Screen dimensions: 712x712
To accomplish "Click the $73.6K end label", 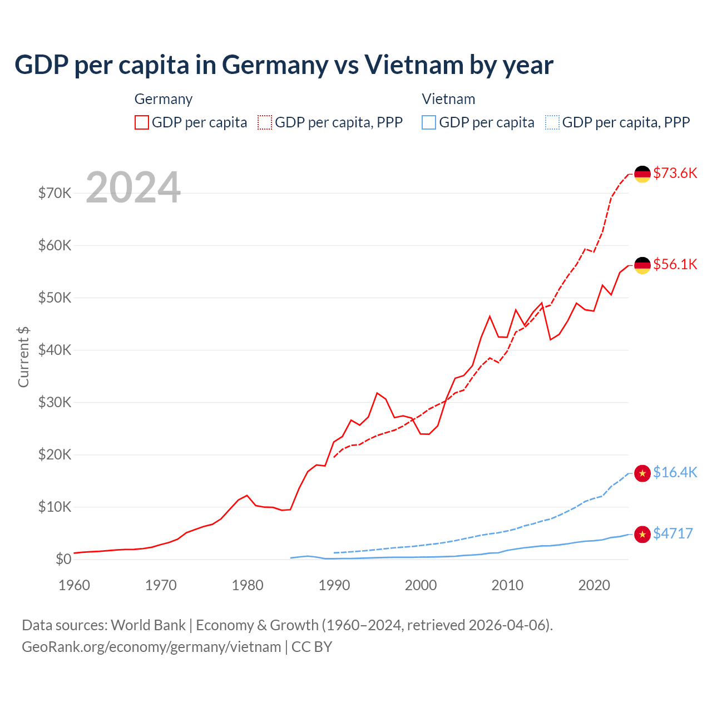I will point(675,173).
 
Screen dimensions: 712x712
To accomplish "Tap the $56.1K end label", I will point(675,264).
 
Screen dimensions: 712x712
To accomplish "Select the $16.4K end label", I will point(675,472).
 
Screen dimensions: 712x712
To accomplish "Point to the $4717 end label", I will point(673,533).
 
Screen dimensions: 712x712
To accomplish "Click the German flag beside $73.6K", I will point(642,174).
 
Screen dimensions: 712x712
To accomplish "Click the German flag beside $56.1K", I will point(642,265).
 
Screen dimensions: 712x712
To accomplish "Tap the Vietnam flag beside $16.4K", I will point(642,473).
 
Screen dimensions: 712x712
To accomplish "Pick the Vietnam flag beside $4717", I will point(642,535).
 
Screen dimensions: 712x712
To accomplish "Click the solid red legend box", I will point(142,122).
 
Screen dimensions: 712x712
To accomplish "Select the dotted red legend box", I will point(265,122).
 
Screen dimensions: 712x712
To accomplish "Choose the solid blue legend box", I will point(429,122).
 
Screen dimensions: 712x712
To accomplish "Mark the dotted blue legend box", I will point(552,122).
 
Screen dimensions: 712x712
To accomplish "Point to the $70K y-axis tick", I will point(55,193).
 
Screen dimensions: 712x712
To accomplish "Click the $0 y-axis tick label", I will point(63,559).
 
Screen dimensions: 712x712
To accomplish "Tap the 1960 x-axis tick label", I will point(74,585).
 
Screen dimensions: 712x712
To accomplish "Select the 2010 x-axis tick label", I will point(507,585).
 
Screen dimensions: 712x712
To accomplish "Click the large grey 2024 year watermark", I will point(133,187).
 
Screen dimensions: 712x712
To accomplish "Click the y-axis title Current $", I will point(23,357).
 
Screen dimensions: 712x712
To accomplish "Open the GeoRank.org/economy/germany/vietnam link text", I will point(151,647).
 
